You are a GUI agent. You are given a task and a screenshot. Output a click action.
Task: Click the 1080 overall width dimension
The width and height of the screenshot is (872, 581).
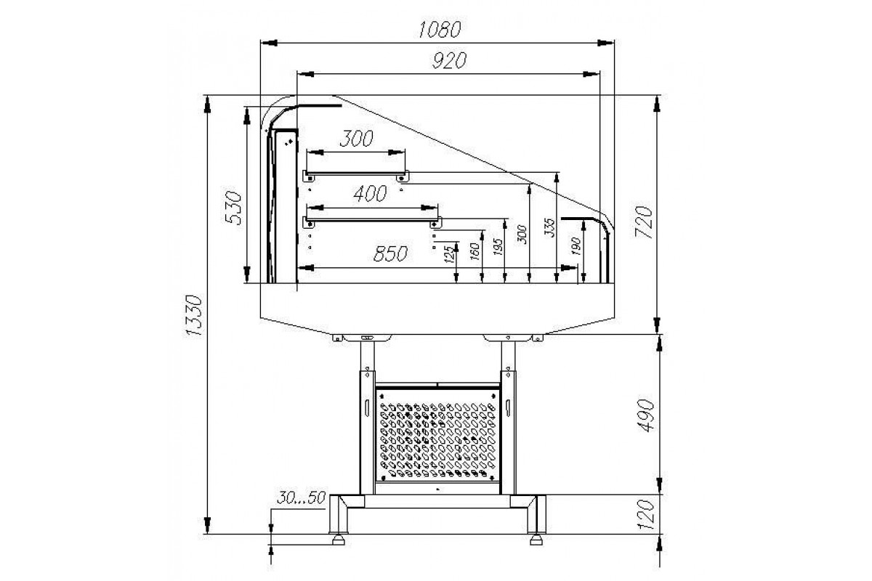440,30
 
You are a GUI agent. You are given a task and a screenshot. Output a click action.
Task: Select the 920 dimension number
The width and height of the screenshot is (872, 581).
449,61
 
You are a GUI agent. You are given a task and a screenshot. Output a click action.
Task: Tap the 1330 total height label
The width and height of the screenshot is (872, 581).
194,316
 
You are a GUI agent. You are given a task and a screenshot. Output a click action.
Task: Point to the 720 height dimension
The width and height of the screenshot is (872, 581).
643,222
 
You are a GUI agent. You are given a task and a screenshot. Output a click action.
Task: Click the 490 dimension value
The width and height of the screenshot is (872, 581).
645,415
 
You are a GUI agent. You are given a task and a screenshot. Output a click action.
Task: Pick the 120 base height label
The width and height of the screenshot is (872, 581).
646,515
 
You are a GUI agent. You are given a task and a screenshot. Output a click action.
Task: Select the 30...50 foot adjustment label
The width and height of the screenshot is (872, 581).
301,497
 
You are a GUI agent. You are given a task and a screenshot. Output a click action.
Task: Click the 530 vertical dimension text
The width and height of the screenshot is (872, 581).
233,208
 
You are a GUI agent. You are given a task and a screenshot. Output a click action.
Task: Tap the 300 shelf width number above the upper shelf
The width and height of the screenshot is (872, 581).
357,139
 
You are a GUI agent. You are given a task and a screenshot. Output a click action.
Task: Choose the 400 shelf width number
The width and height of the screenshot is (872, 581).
370,194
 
